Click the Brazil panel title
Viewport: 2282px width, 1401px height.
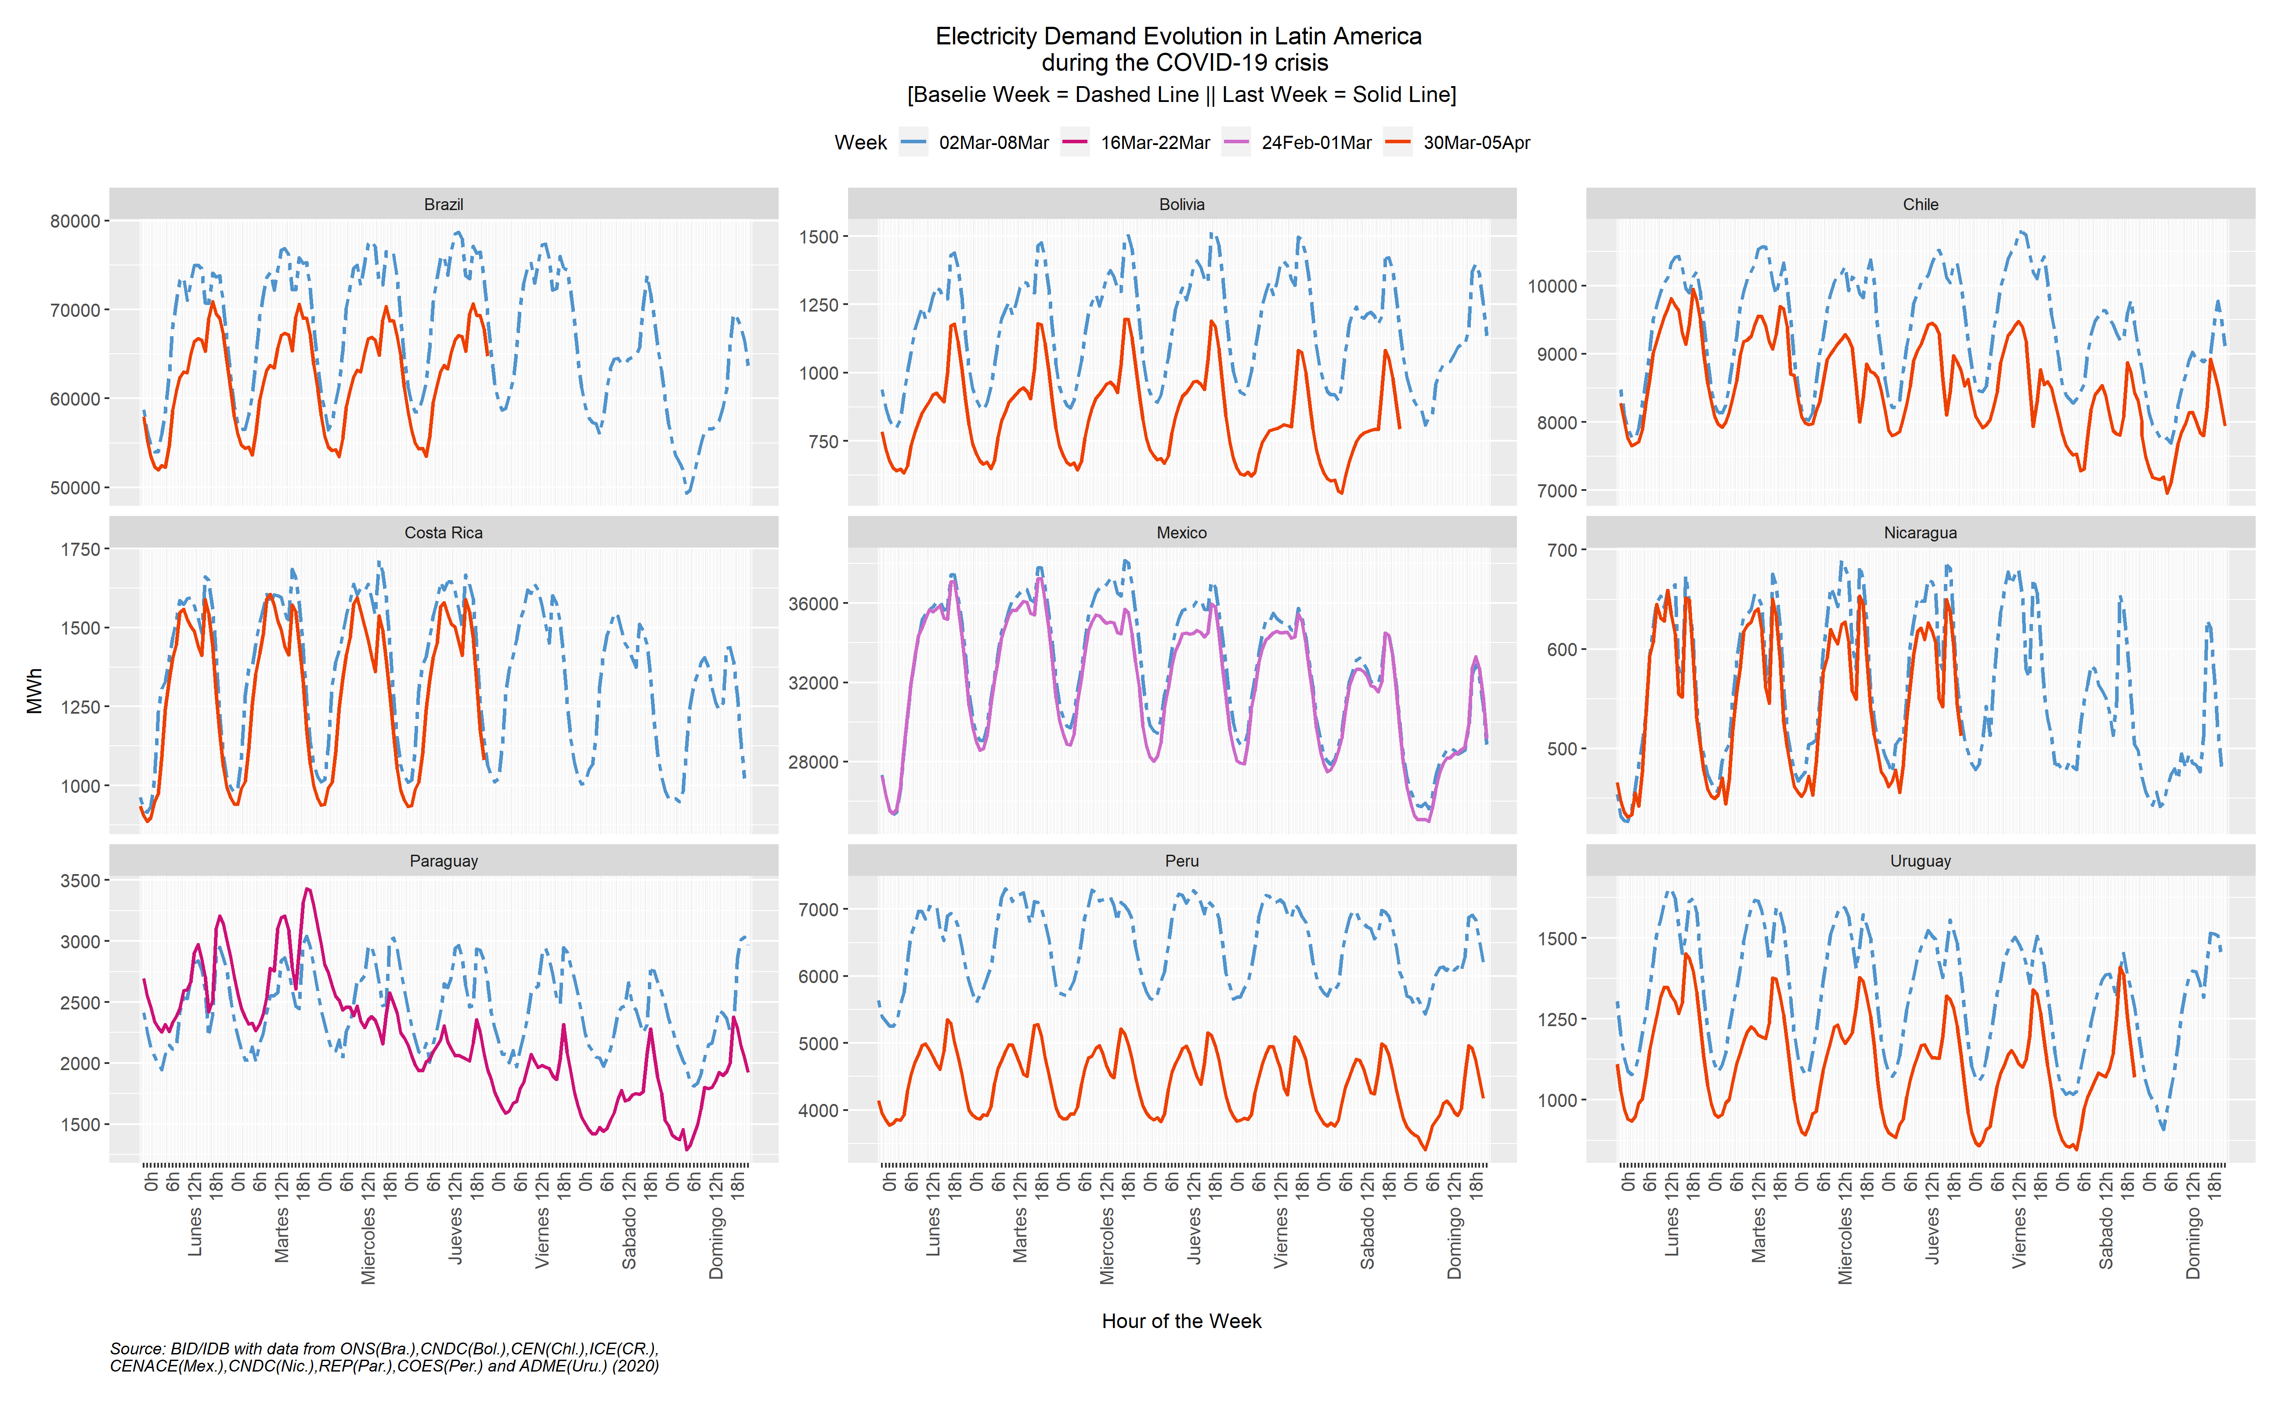(444, 204)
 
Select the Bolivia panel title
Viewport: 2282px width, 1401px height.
(1182, 204)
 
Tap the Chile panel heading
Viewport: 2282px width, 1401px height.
(1920, 204)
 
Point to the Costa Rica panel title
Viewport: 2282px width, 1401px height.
(444, 533)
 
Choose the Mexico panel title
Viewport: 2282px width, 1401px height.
(1182, 533)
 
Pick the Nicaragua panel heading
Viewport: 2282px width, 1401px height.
(1920, 533)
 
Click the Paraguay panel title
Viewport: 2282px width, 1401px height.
(444, 861)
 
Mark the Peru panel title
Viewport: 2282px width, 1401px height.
(1182, 861)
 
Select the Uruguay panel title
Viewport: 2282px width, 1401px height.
(1920, 861)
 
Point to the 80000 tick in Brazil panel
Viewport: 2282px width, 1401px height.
(75, 221)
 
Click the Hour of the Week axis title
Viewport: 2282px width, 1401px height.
(1182, 1321)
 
